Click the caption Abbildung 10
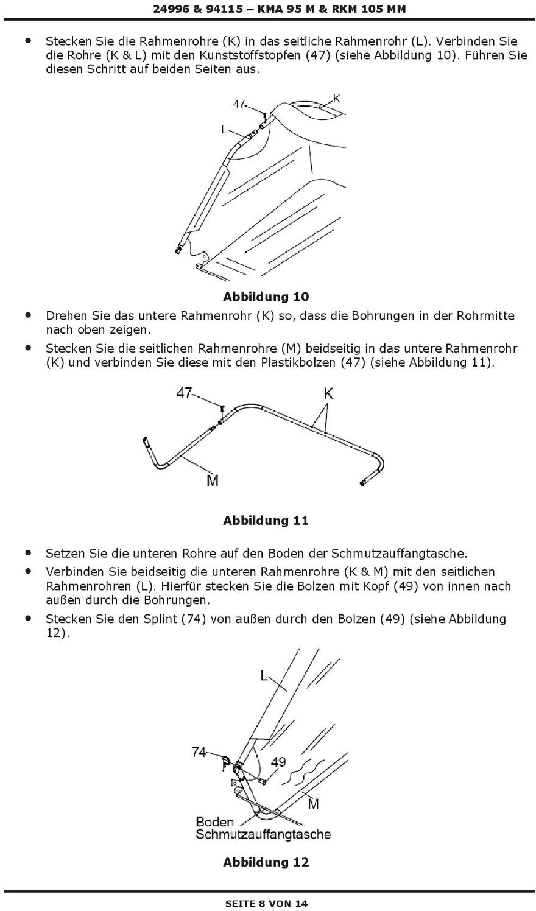[x=266, y=297]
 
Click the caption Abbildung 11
[x=266, y=520]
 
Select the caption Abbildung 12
[x=266, y=862]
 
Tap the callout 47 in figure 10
[x=239, y=104]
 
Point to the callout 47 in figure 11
[x=185, y=393]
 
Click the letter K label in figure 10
[x=336, y=98]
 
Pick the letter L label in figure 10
[x=224, y=129]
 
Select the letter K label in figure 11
[x=328, y=393]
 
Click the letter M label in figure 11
[x=212, y=480]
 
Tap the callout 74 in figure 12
[x=199, y=752]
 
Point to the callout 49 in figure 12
[x=278, y=762]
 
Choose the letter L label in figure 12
[x=264, y=676]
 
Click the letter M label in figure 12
[x=313, y=804]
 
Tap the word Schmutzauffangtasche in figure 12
[x=263, y=834]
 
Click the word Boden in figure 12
[x=214, y=821]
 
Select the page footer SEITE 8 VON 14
[x=267, y=903]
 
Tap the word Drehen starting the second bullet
[x=67, y=315]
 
